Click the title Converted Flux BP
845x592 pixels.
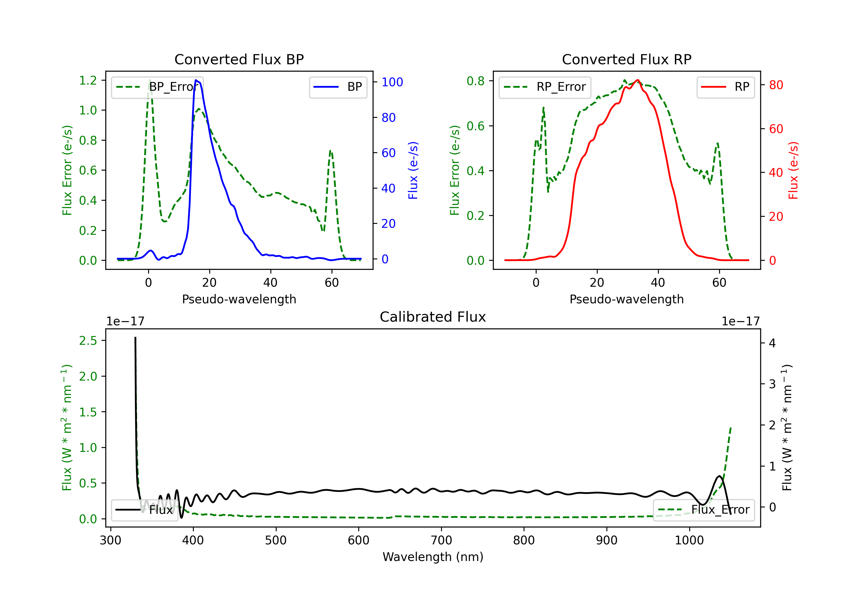point(239,59)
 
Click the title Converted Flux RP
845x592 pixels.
point(626,59)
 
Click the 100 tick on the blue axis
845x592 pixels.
point(392,82)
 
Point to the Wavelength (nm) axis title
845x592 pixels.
point(433,557)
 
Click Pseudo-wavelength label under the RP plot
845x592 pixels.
point(626,299)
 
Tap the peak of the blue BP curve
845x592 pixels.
point(196,80)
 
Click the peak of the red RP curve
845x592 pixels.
point(637,80)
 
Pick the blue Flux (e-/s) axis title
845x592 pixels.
point(413,170)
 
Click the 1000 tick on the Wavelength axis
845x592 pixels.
point(689,540)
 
